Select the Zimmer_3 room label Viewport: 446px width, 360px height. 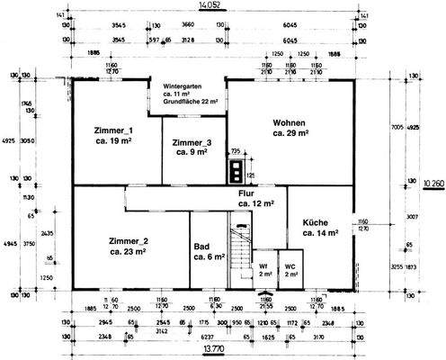click(x=192, y=143)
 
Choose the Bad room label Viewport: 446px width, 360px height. click(x=203, y=245)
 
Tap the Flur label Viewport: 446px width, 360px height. click(x=247, y=193)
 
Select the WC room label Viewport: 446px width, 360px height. click(x=290, y=266)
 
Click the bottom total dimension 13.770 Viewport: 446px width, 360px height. click(x=212, y=347)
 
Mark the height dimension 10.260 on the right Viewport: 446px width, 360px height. click(x=432, y=181)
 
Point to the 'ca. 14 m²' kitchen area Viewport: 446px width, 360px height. click(x=320, y=233)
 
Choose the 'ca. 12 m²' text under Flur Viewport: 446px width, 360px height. click(x=256, y=204)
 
